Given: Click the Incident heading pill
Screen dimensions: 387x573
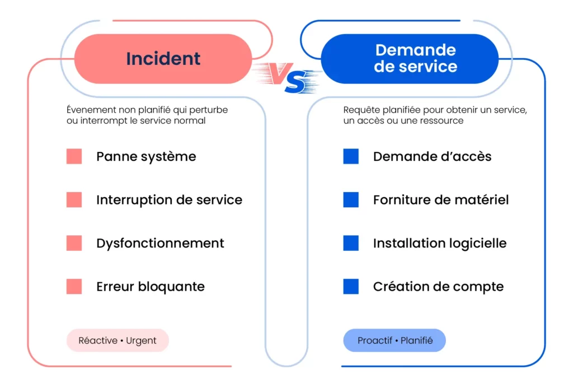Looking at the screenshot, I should click(x=163, y=59).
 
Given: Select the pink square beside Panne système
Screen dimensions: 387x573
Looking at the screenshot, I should click(x=74, y=156).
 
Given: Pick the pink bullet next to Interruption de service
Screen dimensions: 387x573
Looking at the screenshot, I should click(x=74, y=200).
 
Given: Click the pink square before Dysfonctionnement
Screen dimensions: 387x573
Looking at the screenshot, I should click(x=74, y=243).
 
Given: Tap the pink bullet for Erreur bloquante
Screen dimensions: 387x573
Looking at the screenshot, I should click(x=74, y=287).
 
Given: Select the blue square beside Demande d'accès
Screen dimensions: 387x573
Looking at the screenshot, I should click(x=351, y=156).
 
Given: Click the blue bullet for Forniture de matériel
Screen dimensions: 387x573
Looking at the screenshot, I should click(x=351, y=200).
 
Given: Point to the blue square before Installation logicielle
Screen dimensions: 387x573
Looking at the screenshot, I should click(x=351, y=243).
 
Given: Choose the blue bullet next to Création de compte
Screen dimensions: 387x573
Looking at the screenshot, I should click(x=351, y=287).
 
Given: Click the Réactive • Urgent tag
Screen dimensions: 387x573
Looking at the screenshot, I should click(x=118, y=341).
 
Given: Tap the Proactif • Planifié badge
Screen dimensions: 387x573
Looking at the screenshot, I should click(x=394, y=341).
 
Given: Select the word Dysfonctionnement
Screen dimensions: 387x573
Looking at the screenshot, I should click(x=160, y=244).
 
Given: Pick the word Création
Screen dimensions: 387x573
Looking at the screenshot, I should click(x=398, y=287).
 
